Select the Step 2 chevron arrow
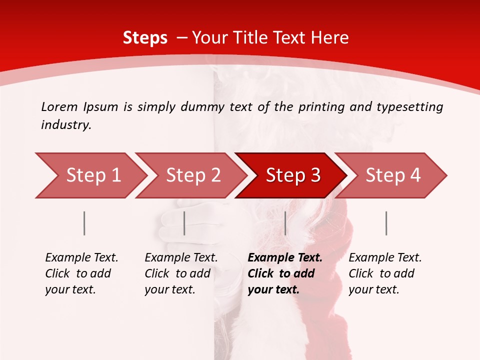point(192,175)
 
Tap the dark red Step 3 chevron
point(292,175)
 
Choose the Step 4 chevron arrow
point(392,175)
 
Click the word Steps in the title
point(145,38)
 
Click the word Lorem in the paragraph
point(59,106)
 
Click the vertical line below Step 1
point(84,223)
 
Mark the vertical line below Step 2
point(184,223)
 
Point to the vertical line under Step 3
point(285,223)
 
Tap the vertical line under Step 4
point(386,223)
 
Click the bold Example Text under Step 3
point(285,258)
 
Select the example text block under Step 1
point(81,273)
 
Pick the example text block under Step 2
point(181,273)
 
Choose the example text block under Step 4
point(385,273)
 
